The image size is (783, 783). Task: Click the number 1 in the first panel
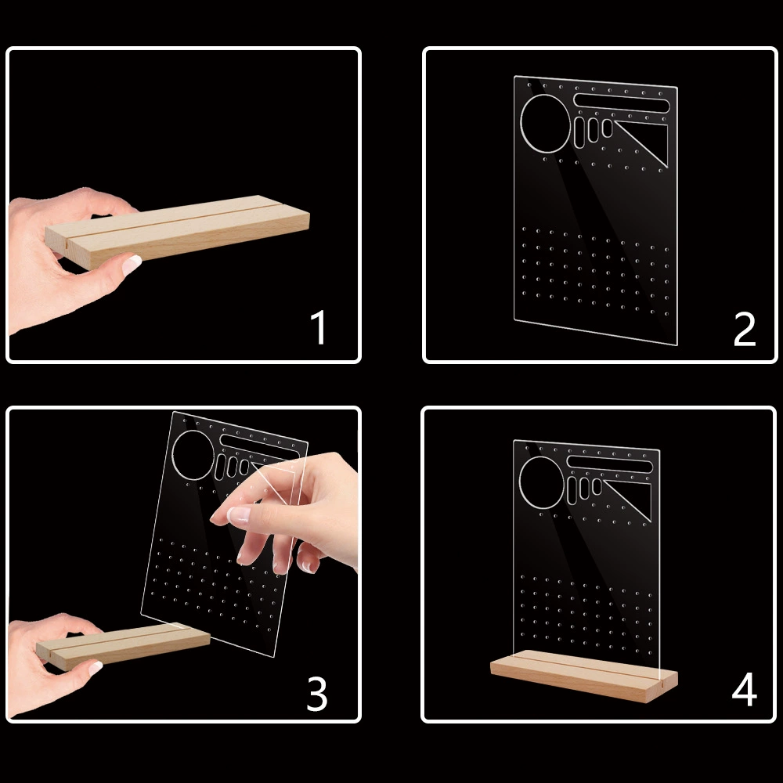point(319,327)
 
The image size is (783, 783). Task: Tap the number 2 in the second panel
point(745,329)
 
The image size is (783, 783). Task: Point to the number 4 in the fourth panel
point(744,689)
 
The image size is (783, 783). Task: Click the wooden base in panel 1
point(177,231)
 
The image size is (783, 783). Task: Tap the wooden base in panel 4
point(584,675)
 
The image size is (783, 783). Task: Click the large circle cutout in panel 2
point(545,124)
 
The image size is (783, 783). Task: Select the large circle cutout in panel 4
point(542,483)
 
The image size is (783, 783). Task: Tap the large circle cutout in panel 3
point(193,455)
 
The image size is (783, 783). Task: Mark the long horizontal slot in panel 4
point(610,464)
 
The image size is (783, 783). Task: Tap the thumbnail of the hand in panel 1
point(132,265)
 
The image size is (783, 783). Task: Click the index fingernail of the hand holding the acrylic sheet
point(238,514)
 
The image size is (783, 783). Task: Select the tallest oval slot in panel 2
point(579,133)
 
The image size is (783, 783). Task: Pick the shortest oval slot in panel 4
point(597,486)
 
